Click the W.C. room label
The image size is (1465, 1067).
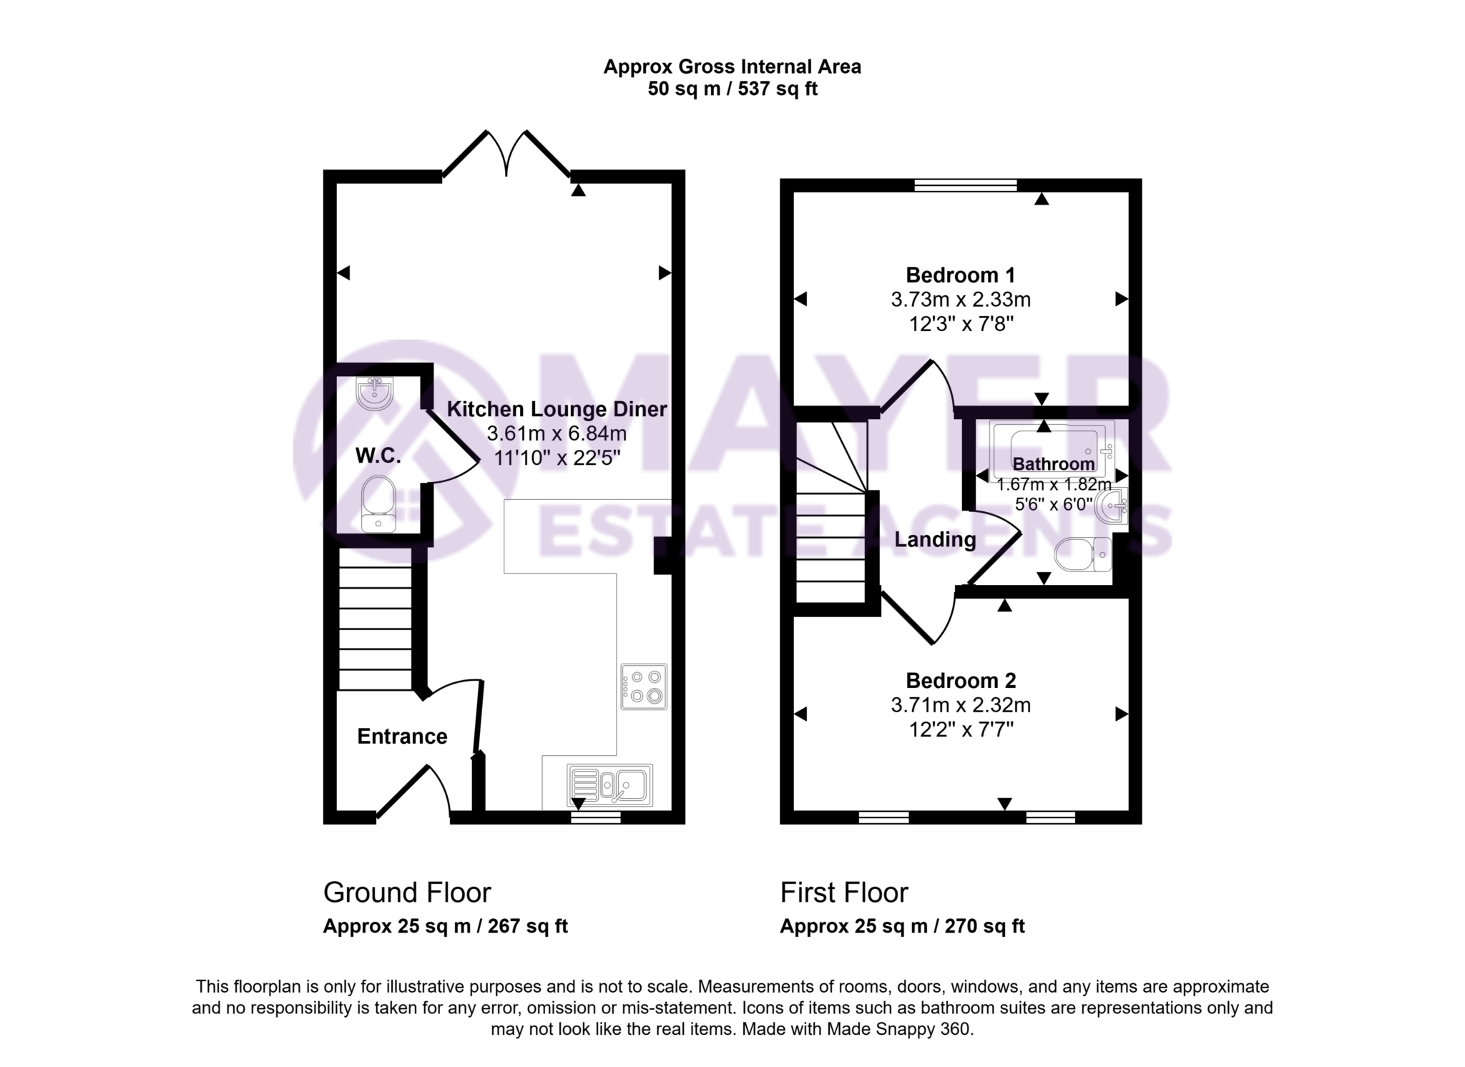click(x=378, y=456)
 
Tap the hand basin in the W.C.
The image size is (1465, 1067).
click(x=374, y=393)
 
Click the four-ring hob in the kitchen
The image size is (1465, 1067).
click(x=644, y=687)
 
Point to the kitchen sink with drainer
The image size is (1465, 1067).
click(x=609, y=785)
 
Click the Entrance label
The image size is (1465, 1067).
click(x=402, y=737)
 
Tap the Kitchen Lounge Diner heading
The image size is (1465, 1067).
click(x=557, y=409)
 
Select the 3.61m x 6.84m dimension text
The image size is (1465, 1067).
click(x=557, y=433)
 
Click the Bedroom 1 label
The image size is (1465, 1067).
click(x=960, y=275)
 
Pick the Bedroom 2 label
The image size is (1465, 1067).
click(x=960, y=680)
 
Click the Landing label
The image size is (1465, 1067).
click(x=935, y=539)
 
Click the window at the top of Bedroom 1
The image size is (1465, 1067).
click(x=966, y=185)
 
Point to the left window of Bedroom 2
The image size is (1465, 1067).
click(x=883, y=817)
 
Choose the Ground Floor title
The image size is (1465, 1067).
click(x=407, y=893)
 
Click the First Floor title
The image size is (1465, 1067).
click(x=843, y=893)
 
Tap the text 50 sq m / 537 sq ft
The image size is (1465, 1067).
click(x=732, y=89)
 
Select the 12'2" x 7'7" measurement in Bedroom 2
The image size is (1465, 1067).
click(x=960, y=729)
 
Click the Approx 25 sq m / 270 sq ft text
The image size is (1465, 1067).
click(x=902, y=926)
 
